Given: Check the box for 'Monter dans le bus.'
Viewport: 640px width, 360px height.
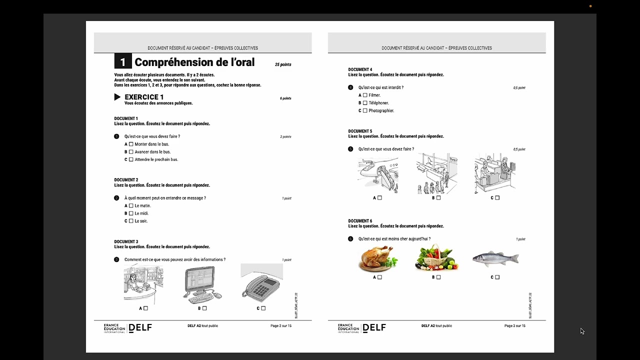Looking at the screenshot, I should [131, 144].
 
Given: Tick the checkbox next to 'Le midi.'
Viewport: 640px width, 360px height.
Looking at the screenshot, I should [131, 213].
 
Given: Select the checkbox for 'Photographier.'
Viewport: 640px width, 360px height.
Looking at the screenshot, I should [365, 110].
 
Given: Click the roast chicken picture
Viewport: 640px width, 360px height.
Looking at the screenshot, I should [378, 258].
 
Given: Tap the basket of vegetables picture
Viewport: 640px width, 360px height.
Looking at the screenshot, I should [436, 258].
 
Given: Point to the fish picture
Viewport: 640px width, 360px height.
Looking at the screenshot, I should [495, 258].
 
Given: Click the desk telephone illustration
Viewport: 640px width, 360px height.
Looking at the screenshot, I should [261, 285].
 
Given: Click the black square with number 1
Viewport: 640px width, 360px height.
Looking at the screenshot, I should [123, 61].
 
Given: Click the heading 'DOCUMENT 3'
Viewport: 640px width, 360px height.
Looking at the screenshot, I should [126, 241].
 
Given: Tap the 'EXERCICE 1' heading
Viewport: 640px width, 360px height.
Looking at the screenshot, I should [144, 97].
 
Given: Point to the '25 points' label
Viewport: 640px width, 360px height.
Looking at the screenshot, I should [283, 64].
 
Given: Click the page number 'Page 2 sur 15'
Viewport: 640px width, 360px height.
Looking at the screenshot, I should [281, 326].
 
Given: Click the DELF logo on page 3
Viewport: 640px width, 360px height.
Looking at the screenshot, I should [374, 328].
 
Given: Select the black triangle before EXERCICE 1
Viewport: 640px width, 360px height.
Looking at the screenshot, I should [117, 97].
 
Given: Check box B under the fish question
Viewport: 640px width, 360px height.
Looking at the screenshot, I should [438, 277].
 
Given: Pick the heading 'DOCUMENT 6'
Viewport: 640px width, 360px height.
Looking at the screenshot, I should [360, 221].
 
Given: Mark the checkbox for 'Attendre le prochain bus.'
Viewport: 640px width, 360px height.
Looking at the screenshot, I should [131, 160].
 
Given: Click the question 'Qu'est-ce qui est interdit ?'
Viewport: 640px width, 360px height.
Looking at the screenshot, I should [380, 87].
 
